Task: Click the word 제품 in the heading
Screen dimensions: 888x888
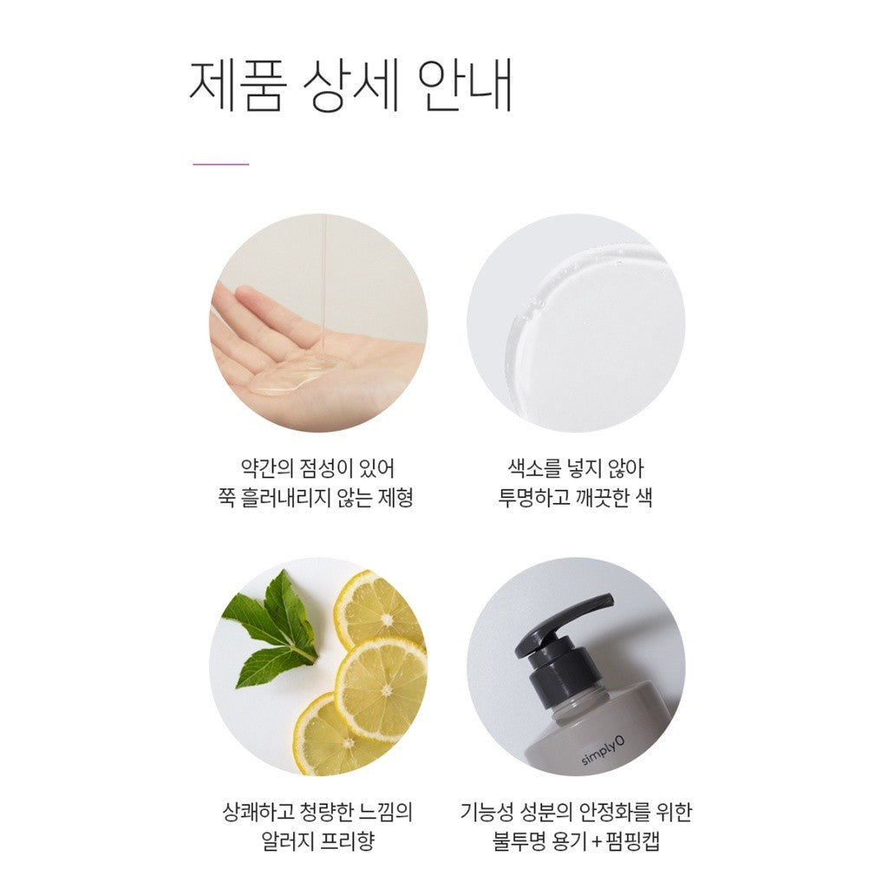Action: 234,85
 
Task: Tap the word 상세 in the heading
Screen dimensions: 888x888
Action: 352,85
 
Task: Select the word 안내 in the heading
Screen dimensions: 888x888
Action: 467,85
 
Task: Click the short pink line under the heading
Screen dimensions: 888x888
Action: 221,164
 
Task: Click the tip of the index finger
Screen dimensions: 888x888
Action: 239,291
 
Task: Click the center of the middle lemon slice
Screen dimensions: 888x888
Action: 386,691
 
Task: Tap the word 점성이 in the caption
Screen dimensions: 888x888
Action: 328,469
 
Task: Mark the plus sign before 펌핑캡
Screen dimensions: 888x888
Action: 596,842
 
